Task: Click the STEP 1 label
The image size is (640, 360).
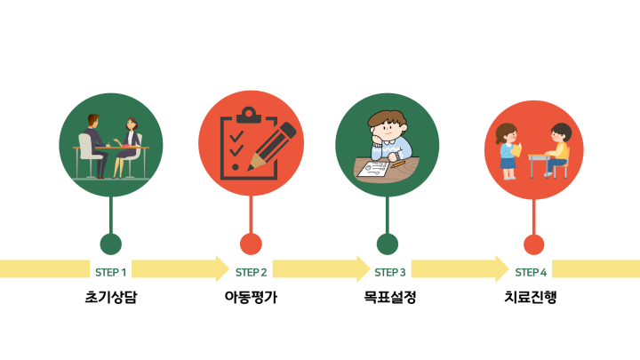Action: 110,272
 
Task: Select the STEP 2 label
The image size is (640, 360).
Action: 251,272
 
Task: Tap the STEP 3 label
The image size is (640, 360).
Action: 390,272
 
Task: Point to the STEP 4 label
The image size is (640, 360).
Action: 531,272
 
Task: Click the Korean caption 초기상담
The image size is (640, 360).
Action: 111,297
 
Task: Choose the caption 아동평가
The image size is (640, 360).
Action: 251,297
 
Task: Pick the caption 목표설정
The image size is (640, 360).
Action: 390,297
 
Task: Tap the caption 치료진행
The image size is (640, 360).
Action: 531,297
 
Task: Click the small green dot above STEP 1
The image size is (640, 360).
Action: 110,244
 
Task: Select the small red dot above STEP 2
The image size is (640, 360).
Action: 251,244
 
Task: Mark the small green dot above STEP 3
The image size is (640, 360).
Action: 388,244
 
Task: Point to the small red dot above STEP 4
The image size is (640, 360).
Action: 534,244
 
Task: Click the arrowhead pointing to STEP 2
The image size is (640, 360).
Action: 222,268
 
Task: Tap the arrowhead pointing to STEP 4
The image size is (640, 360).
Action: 502,268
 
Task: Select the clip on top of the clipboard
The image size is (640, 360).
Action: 249,115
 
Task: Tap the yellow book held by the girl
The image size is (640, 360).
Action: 516,150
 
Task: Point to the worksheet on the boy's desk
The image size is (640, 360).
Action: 373,170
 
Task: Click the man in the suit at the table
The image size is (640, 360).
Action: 96,145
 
